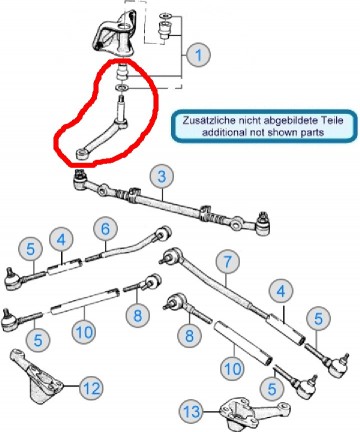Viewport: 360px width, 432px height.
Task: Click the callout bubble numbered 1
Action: pos(198,55)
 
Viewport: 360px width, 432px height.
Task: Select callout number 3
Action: pos(162,176)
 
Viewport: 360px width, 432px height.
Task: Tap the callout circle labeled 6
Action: pos(105,229)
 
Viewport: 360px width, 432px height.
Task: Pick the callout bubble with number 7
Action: pos(228,262)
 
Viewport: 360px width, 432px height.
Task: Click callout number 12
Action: pos(92,388)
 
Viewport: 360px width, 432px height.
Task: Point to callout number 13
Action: pos(192,412)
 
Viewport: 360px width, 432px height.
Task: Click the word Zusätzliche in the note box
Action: pos(204,120)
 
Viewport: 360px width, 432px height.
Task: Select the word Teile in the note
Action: pos(331,120)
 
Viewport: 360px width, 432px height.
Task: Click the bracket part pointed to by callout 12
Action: pos(36,377)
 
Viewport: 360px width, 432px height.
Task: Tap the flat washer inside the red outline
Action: pos(123,88)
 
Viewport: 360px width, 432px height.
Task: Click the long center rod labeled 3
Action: pos(171,202)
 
